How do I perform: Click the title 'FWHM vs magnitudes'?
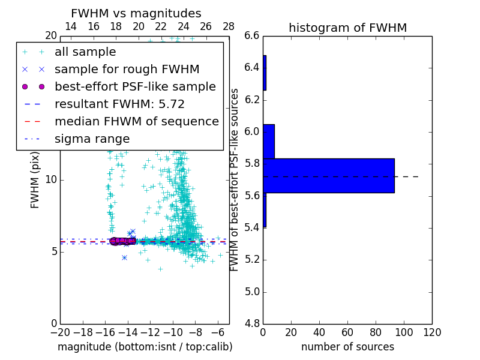pos(136,14)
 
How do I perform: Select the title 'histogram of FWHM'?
pos(347,28)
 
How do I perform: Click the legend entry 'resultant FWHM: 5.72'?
pos(119,104)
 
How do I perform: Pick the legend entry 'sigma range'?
pos(92,139)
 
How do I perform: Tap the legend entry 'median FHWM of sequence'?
pos(136,121)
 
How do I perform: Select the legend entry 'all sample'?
pos(85,52)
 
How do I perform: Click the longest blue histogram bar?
pos(328,175)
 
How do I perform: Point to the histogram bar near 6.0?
pos(268,141)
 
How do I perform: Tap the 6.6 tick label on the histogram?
pos(252,35)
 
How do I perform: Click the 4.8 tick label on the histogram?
pos(252,324)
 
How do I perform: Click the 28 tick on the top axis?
pos(229,26)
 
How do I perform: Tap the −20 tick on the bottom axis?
pos(60,332)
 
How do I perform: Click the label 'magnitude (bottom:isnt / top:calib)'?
pos(145,347)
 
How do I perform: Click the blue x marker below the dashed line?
pos(124,257)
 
